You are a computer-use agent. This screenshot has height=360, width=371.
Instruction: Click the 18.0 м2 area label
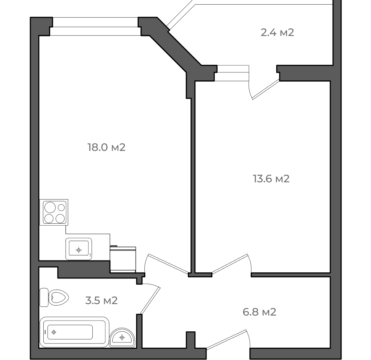click(107, 147)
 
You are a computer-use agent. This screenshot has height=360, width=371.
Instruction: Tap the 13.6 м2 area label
click(271, 179)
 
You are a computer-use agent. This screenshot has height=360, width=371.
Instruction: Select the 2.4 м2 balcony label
click(277, 33)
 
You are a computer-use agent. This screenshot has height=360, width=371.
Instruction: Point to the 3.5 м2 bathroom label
click(101, 301)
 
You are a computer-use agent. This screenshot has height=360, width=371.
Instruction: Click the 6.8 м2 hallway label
click(259, 312)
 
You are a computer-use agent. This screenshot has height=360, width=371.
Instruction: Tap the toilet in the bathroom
click(54, 297)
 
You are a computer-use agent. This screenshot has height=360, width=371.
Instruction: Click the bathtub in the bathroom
click(74, 332)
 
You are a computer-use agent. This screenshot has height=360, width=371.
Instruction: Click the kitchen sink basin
click(79, 249)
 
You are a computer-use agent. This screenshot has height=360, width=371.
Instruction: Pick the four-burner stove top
click(54, 212)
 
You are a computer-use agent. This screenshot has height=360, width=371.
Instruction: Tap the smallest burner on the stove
click(61, 208)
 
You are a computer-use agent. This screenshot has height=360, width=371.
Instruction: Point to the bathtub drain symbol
click(54, 332)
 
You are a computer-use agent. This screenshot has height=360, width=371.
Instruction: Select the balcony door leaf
click(266, 89)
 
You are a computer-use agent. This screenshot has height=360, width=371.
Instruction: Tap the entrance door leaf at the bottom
click(227, 339)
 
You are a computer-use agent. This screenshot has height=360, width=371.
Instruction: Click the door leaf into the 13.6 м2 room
click(230, 264)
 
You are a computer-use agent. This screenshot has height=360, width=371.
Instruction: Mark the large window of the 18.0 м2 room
click(95, 26)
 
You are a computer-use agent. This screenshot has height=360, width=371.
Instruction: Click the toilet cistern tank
click(44, 297)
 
